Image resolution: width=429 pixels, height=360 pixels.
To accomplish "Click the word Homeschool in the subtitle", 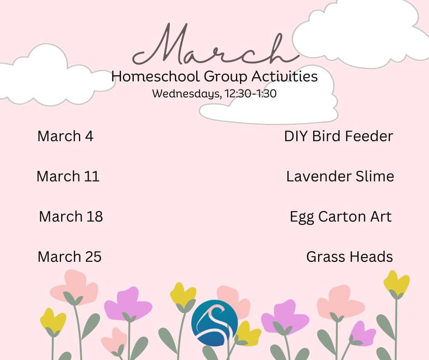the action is pyautogui.click(x=156, y=76).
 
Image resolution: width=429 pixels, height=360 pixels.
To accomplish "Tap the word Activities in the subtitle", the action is pyautogui.click(x=284, y=76).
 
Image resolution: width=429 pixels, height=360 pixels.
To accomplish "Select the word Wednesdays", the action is pyautogui.click(x=186, y=94).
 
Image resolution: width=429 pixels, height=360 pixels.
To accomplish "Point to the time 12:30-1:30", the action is pyautogui.click(x=251, y=94).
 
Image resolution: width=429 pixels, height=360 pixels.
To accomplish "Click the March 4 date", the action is pyautogui.click(x=65, y=136).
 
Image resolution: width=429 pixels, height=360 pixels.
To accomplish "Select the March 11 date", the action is pyautogui.click(x=68, y=176).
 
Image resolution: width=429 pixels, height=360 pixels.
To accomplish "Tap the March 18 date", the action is pyautogui.click(x=71, y=217).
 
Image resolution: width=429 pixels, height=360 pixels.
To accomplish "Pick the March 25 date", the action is pyautogui.click(x=69, y=257).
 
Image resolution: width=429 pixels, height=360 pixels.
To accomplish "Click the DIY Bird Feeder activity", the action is pyautogui.click(x=339, y=136).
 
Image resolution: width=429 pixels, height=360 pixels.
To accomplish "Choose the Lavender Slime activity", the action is pyautogui.click(x=340, y=176).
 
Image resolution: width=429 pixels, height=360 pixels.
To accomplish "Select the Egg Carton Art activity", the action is pyautogui.click(x=340, y=217).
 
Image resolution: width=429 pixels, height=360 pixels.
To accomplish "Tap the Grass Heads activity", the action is pyautogui.click(x=350, y=257).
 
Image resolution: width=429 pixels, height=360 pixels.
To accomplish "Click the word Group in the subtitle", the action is pyautogui.click(x=226, y=76).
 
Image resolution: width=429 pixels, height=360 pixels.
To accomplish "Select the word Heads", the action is pyautogui.click(x=371, y=257).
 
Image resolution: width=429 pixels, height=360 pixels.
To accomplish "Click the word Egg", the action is pyautogui.click(x=302, y=217).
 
